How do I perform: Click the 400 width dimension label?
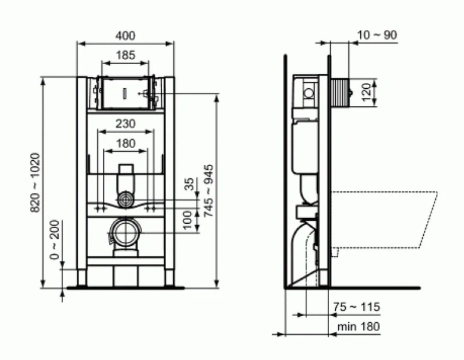[125, 35]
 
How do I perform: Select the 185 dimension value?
[125, 55]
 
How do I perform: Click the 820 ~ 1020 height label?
[35, 182]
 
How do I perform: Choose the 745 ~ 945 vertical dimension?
[209, 191]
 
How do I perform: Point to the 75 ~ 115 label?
[356, 307]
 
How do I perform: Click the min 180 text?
[357, 326]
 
